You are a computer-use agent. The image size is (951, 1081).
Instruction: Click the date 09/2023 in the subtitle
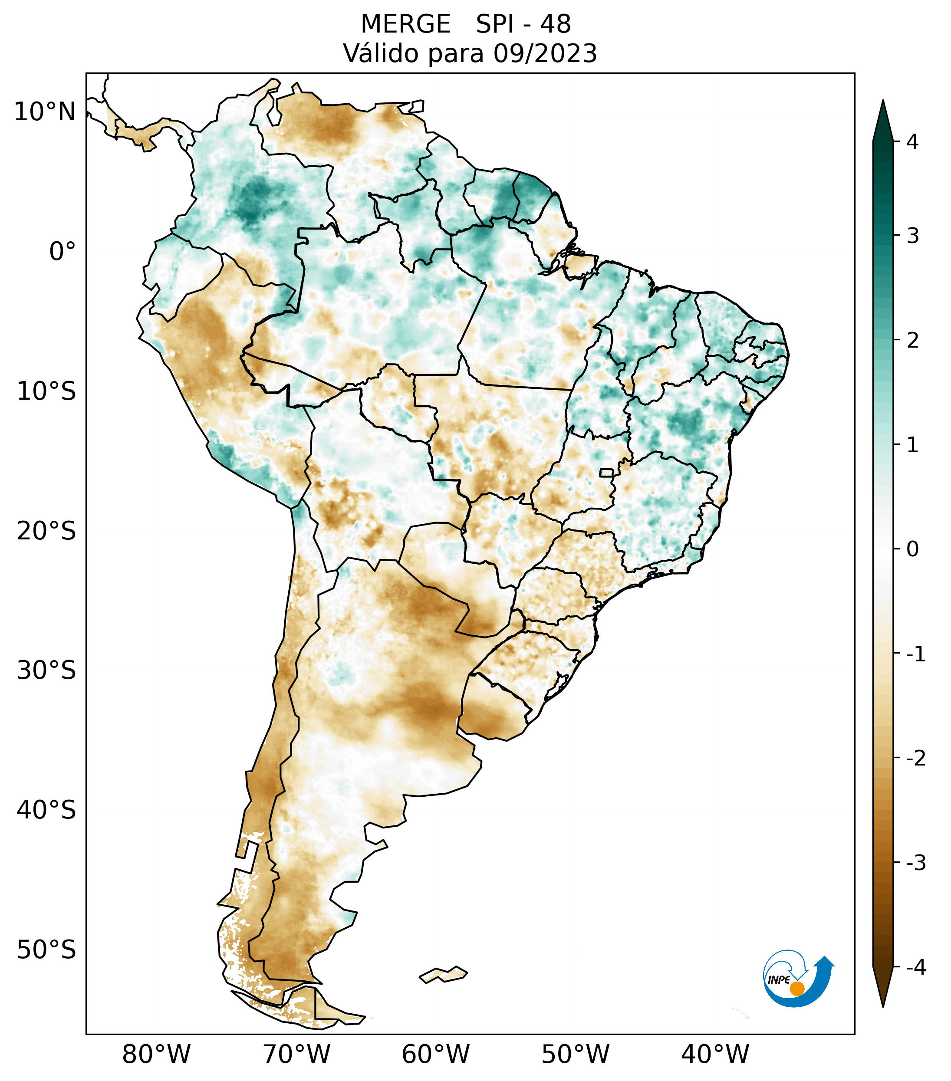[x=545, y=53]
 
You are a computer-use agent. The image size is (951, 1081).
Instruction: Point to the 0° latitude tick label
[x=63, y=252]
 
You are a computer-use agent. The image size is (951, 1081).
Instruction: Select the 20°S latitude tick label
[x=46, y=531]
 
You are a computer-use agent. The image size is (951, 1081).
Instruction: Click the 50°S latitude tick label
[x=46, y=950]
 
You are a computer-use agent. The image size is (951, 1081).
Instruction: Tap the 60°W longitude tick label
[x=435, y=1054]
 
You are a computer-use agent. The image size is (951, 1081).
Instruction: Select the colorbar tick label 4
[x=912, y=142]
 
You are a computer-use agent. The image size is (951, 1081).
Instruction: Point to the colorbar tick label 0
[x=912, y=549]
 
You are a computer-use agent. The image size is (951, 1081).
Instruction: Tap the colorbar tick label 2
[x=912, y=341]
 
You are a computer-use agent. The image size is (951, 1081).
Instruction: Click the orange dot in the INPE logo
[x=796, y=989]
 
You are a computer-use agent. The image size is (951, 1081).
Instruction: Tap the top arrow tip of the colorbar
[x=882, y=102]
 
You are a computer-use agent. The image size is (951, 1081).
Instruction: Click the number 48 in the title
[x=556, y=24]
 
